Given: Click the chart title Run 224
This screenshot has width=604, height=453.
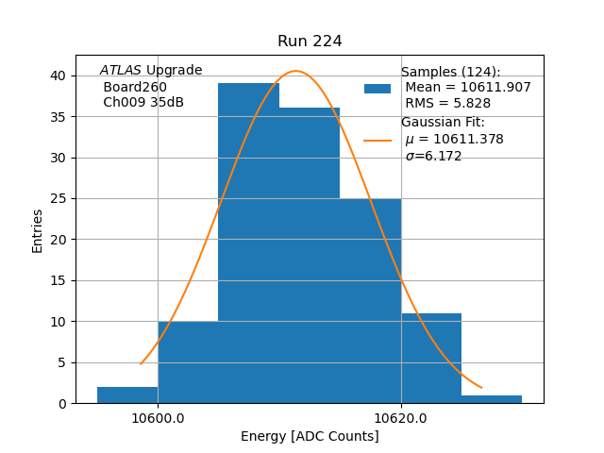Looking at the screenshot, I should [310, 42].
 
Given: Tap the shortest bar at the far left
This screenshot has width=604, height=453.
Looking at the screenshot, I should [127, 394].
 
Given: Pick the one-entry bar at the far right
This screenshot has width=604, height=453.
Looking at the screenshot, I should [492, 399].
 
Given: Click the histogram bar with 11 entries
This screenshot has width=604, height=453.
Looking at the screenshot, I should [431, 359].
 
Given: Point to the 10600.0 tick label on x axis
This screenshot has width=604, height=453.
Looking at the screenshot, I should [158, 418].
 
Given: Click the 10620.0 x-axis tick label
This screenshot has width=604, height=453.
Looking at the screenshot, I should [401, 418].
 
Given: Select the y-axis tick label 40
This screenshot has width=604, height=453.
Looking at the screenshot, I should [59, 75].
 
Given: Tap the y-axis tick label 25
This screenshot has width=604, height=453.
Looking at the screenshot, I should [59, 199].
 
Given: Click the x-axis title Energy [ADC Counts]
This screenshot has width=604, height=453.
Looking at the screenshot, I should [310, 436].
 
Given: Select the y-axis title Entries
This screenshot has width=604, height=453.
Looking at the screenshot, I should [38, 230].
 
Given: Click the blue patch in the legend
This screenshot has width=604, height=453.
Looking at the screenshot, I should [377, 89].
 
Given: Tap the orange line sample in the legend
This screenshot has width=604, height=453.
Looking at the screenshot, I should [377, 141].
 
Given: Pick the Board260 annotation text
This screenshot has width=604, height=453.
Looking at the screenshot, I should [135, 87].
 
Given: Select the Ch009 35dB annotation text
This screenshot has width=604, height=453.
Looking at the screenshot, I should [143, 103].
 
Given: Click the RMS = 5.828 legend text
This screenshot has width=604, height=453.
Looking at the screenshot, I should [442, 104].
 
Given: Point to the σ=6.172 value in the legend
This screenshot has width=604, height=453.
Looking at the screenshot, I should [433, 157].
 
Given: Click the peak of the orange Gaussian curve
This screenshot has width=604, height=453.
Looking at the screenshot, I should [295, 71].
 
